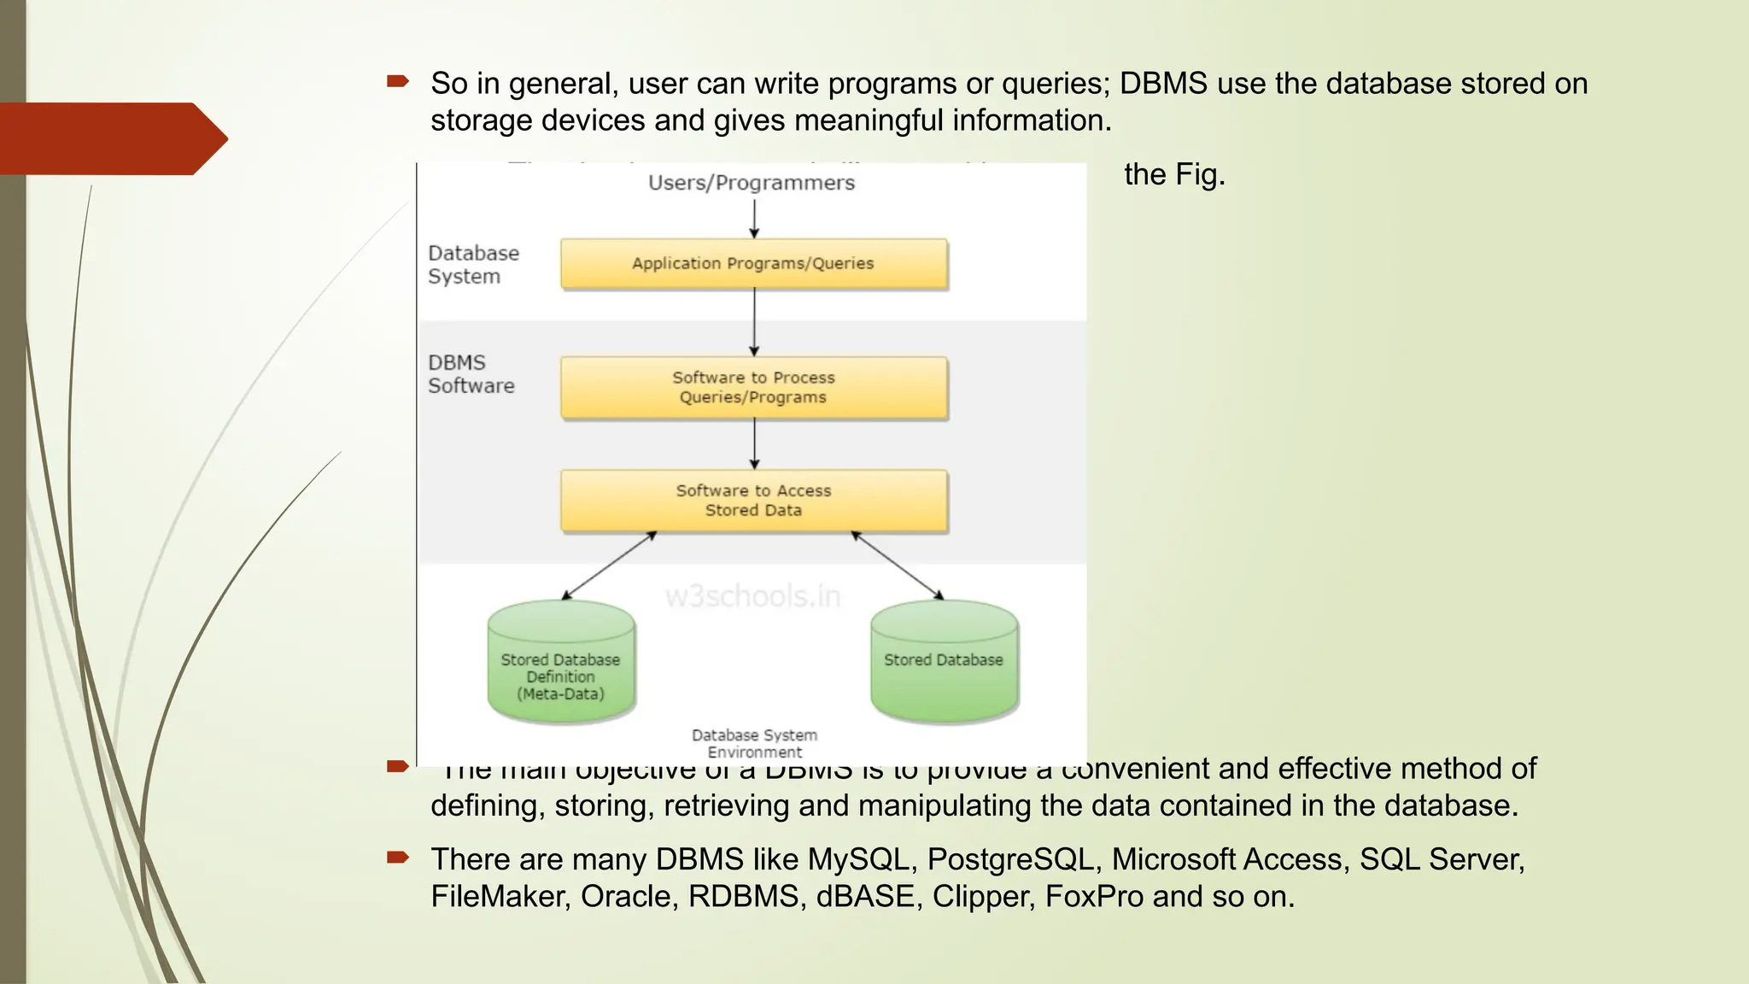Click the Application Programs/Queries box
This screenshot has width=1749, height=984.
(753, 264)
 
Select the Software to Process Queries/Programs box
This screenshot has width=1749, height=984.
(753, 388)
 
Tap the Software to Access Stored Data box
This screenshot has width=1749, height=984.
(753, 501)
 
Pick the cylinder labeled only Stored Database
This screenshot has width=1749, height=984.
(944, 662)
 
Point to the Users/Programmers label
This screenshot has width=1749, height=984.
(751, 183)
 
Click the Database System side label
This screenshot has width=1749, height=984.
(473, 265)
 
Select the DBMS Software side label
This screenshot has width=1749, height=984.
(471, 374)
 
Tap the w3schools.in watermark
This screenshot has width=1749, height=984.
(752, 596)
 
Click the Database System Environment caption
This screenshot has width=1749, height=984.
(754, 743)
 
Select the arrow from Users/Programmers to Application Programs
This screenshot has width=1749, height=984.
(754, 220)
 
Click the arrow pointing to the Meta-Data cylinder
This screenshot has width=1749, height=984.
(608, 565)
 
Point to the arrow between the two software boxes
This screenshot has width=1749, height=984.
(754, 444)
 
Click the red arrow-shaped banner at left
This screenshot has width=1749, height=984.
(111, 138)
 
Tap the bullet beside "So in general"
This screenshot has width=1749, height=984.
(398, 82)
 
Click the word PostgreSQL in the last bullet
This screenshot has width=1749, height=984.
(1011, 859)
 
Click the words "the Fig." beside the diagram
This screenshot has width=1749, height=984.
(1174, 174)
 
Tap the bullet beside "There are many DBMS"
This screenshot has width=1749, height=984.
(398, 858)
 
